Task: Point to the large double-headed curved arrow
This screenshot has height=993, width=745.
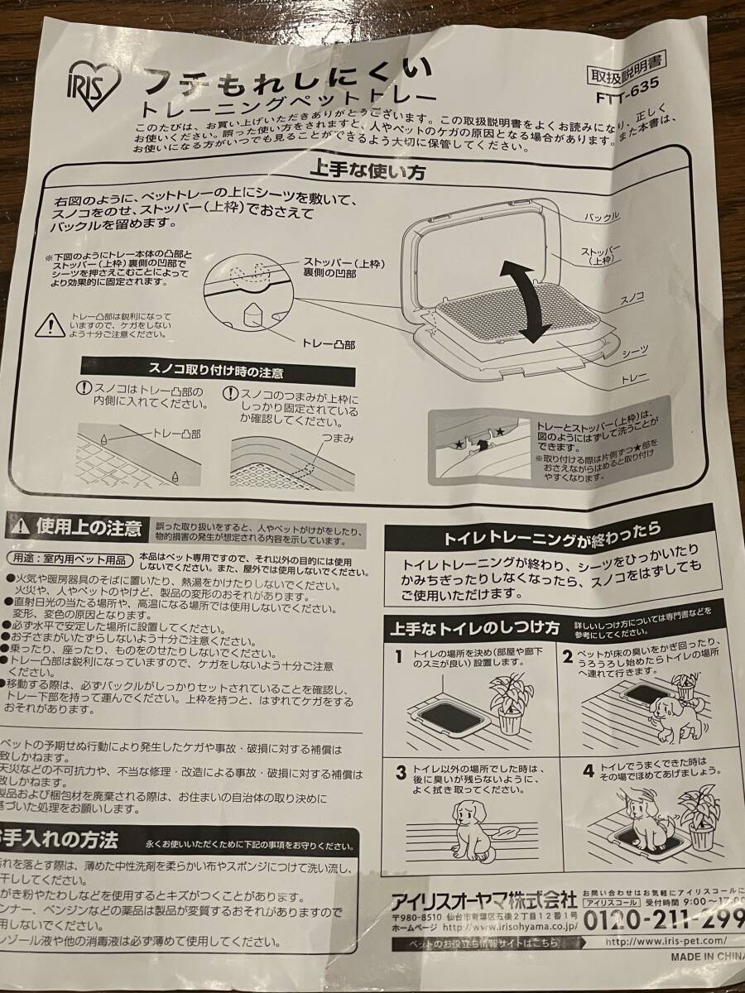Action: (526, 300)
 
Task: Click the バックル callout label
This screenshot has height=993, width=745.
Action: (602, 217)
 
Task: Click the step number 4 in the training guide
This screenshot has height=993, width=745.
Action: (589, 771)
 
